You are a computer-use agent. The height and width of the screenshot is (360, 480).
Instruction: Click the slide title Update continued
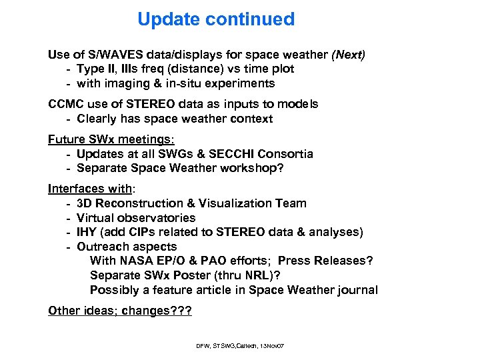tap(215, 19)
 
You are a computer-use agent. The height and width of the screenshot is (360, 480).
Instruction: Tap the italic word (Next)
tap(348, 54)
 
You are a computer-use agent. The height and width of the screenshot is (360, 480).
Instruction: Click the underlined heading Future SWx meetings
tap(111, 139)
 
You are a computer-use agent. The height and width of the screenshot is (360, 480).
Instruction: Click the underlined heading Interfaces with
tap(89, 189)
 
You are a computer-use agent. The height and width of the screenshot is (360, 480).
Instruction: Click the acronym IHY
tap(87, 232)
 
